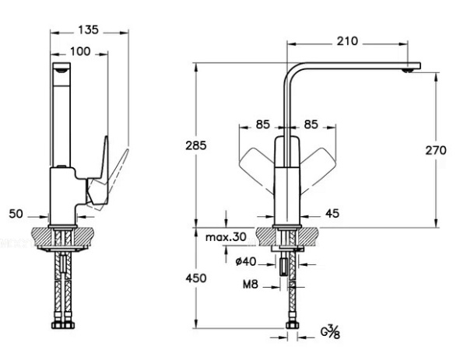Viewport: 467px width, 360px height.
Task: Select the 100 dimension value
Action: (x=80, y=51)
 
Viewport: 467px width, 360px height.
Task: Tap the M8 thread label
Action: (x=228, y=285)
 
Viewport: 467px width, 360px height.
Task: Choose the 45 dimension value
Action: (x=331, y=212)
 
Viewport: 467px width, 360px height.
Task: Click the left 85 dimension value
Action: (x=262, y=123)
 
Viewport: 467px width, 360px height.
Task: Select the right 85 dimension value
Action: (x=311, y=123)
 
